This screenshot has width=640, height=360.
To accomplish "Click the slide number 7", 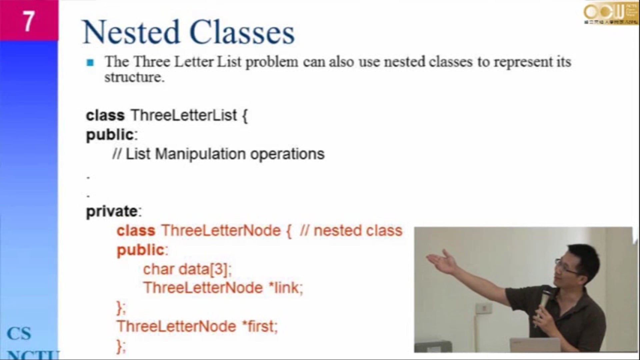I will click(28, 21).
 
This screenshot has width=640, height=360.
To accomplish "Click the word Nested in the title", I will click(131, 32).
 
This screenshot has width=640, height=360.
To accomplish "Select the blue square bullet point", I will click(90, 62).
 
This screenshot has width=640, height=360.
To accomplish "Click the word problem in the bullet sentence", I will click(272, 62).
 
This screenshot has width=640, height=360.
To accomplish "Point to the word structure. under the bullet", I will click(134, 77).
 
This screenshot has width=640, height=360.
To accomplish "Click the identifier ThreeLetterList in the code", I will click(184, 115).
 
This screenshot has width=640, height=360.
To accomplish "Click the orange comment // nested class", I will click(351, 231).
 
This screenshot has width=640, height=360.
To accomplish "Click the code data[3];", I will click(205, 269).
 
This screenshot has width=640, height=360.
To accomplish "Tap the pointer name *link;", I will click(286, 288).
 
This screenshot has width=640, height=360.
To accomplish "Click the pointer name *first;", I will click(260, 326).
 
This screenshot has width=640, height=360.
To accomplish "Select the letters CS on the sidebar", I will click(19, 333).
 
